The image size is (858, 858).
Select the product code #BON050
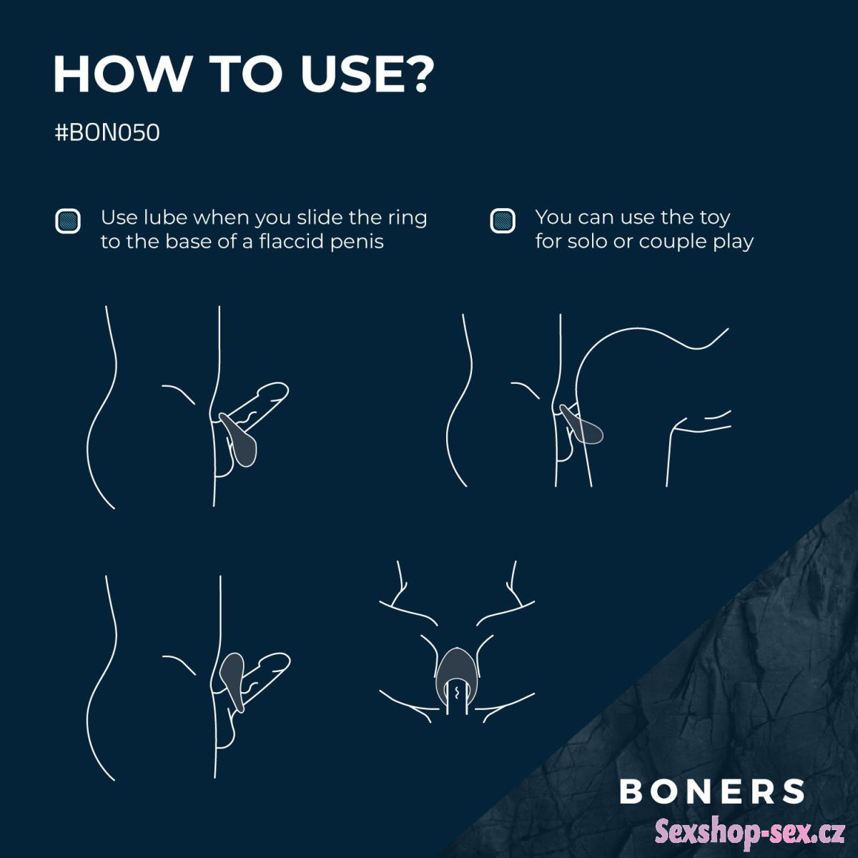pyautogui.click(x=107, y=133)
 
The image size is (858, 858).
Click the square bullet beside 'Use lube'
pyautogui.click(x=68, y=221)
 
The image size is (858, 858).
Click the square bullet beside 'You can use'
pyautogui.click(x=502, y=220)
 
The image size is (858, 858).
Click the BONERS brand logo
pyautogui.click(x=712, y=791)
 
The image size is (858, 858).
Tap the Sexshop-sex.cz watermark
pyautogui.click(x=750, y=831)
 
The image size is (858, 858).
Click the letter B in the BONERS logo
pyautogui.click(x=631, y=791)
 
